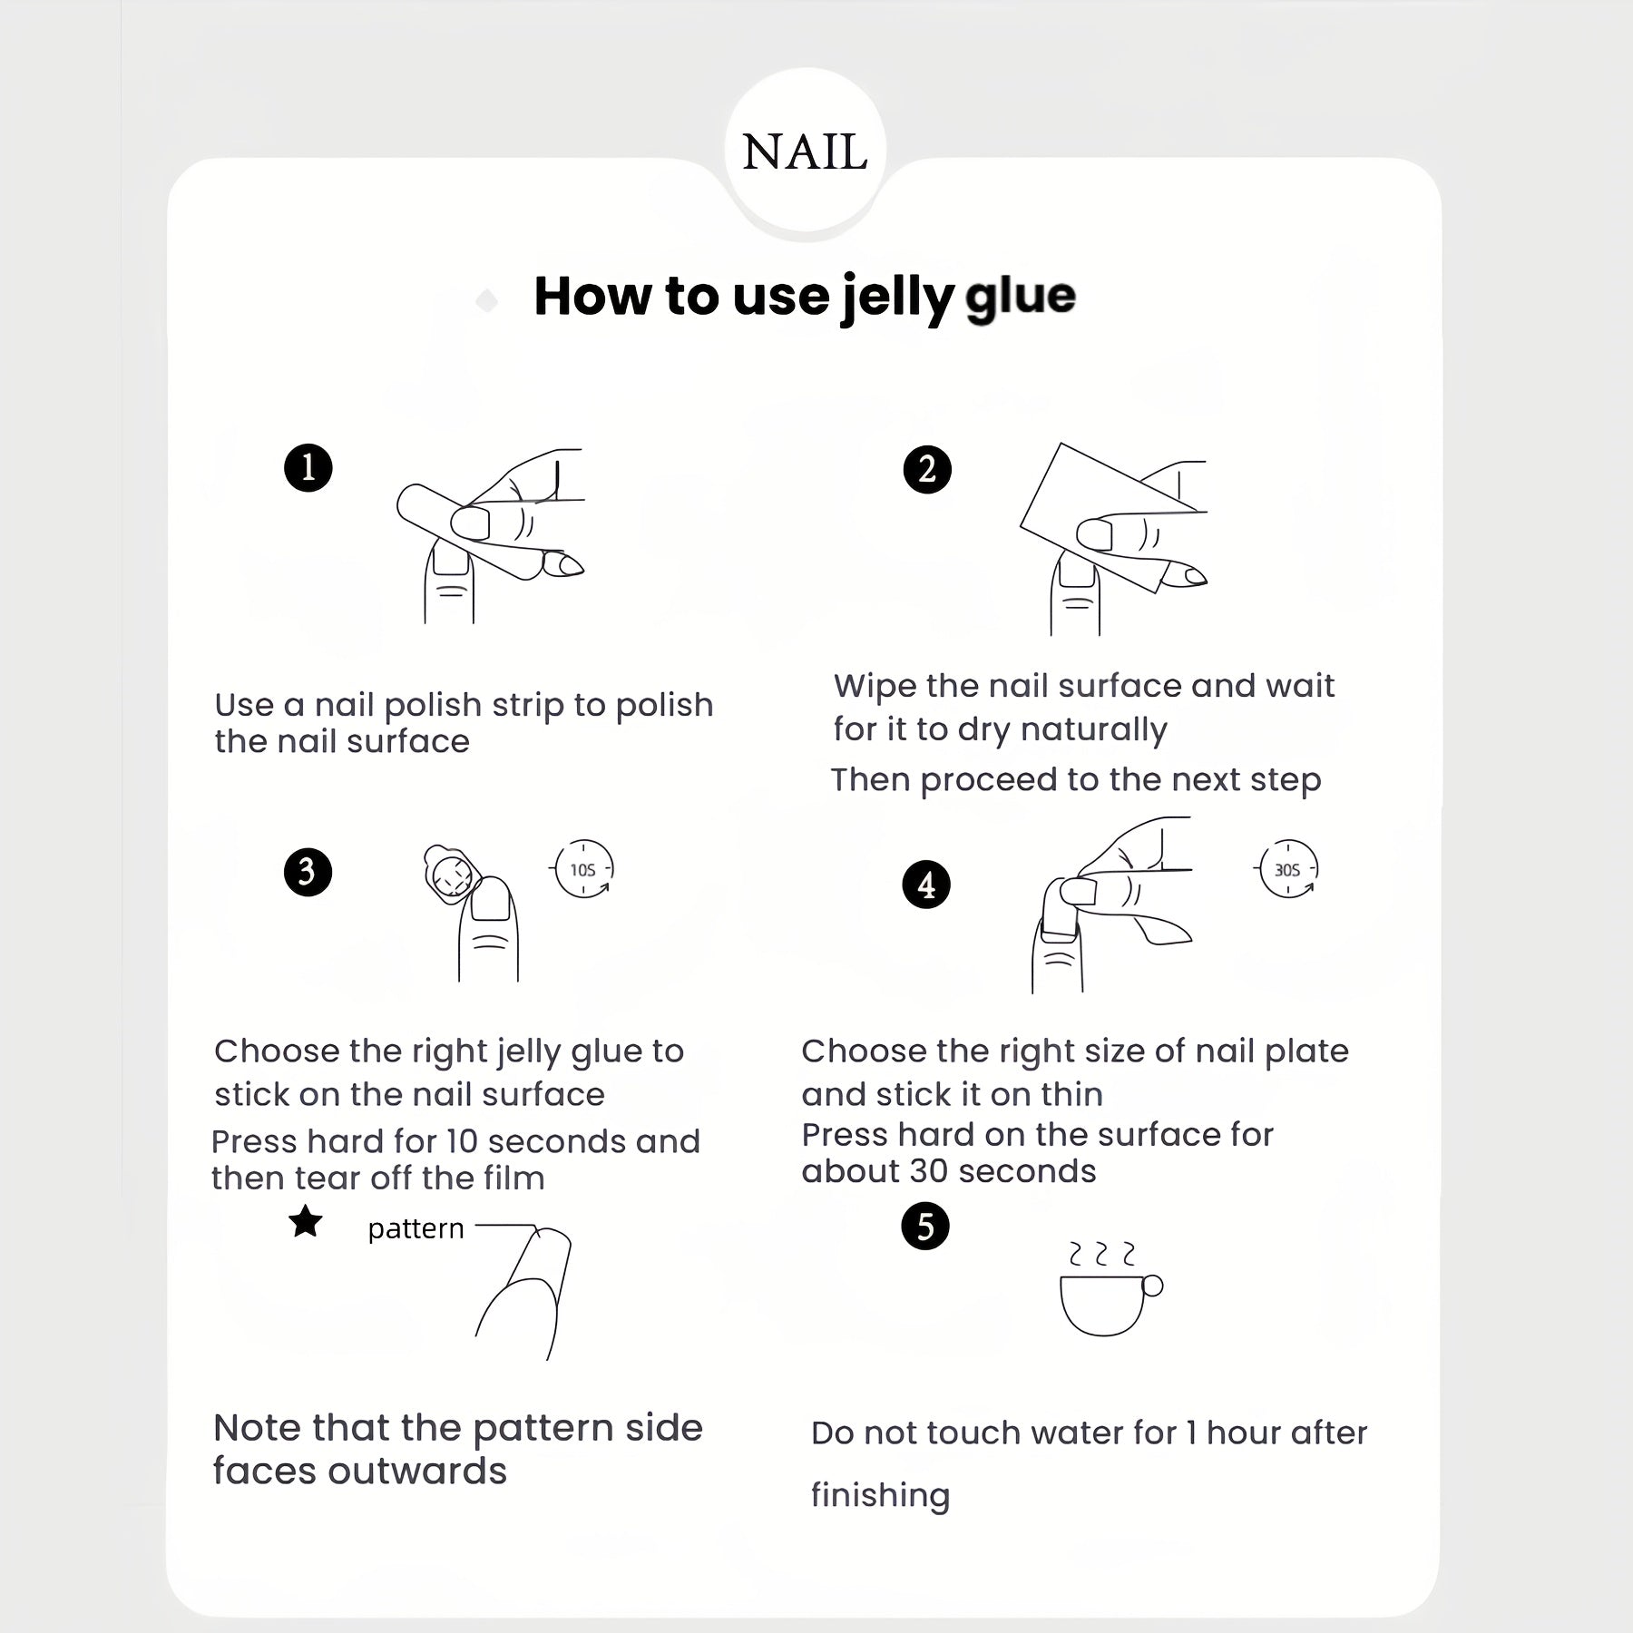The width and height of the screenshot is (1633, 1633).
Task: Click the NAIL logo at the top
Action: pos(805,152)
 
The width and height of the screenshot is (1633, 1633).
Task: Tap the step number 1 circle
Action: pos(308,468)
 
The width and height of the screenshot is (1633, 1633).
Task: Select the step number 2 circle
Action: pos(927,470)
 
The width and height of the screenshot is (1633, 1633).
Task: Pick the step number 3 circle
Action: pos(308,872)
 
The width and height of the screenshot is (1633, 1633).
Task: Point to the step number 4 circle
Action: pos(926,885)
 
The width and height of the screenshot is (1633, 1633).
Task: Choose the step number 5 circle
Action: pos(925,1227)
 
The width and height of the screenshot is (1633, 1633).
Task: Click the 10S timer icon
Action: pos(582,869)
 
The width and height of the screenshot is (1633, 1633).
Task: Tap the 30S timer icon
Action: pos(1288,869)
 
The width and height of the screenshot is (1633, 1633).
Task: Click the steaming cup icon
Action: pos(1110,1288)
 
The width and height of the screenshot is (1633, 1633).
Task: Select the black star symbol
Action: pos(306,1221)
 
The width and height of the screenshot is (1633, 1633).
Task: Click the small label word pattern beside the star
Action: pos(416,1229)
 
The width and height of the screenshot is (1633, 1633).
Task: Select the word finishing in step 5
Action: pos(880,1494)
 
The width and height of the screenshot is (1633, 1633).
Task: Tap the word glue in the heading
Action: pos(1021,296)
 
